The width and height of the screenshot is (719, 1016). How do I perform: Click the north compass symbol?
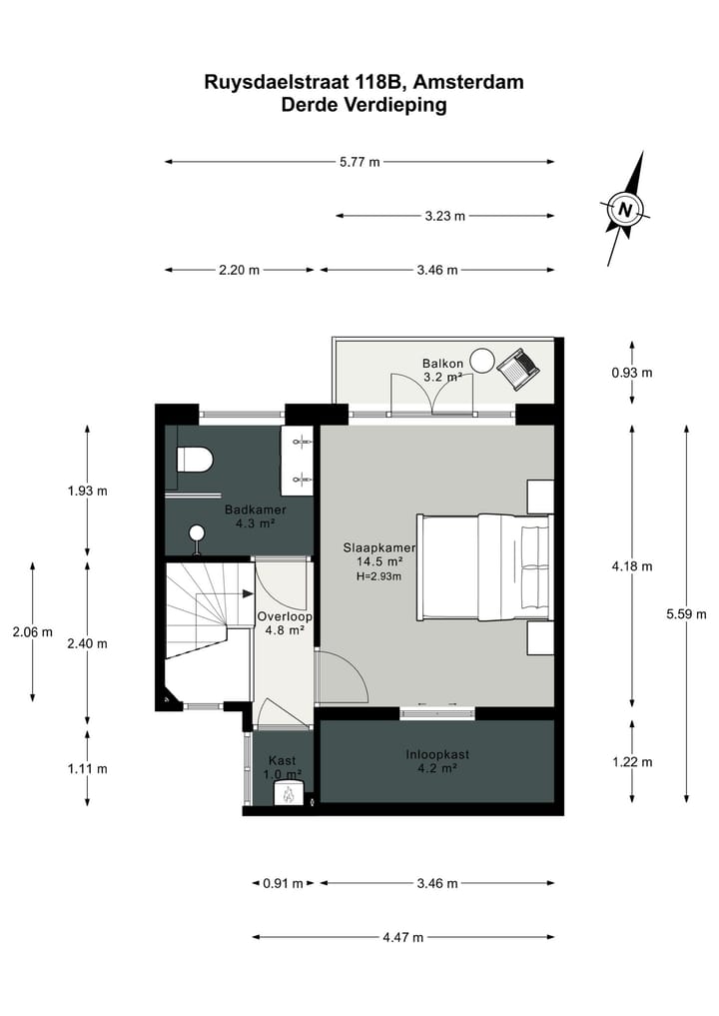(626, 210)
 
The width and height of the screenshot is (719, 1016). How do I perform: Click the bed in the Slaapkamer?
(484, 566)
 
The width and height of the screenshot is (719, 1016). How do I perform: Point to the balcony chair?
(519, 367)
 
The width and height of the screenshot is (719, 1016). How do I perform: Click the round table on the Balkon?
(482, 360)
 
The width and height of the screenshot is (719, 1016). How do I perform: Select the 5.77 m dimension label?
(360, 162)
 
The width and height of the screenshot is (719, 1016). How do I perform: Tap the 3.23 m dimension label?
(445, 216)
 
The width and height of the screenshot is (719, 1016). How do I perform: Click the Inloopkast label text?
(436, 754)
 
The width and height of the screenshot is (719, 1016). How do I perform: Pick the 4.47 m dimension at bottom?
(403, 937)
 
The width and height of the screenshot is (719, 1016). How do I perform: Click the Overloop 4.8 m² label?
(285, 623)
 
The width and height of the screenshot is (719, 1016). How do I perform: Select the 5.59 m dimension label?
(686, 614)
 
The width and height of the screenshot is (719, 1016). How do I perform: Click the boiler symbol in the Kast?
(289, 794)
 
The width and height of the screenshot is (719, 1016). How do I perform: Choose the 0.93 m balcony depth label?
(632, 373)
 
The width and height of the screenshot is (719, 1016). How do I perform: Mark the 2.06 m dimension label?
(33, 632)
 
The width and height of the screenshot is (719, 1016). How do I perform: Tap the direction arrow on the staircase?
(246, 592)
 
